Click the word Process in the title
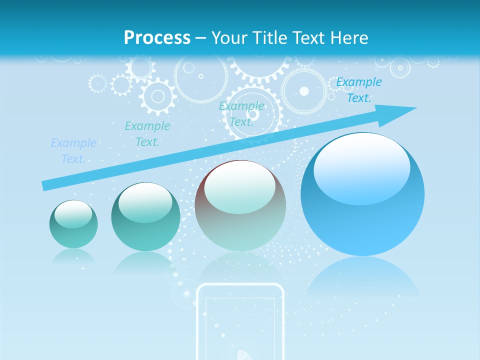coord(157,38)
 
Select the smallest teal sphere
coord(73,224)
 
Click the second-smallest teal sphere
coord(145,217)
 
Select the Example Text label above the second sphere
coord(147,134)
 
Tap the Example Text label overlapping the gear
coord(241,114)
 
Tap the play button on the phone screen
coord(242,354)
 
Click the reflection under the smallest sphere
coord(73,257)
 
